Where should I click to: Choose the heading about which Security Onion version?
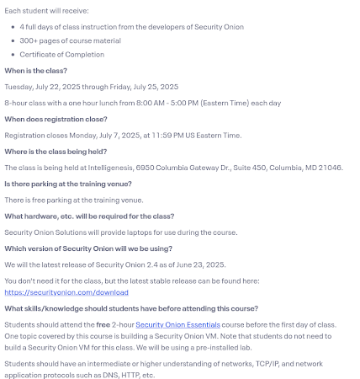88,248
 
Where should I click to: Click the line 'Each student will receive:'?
42,10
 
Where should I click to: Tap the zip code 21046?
330,168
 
